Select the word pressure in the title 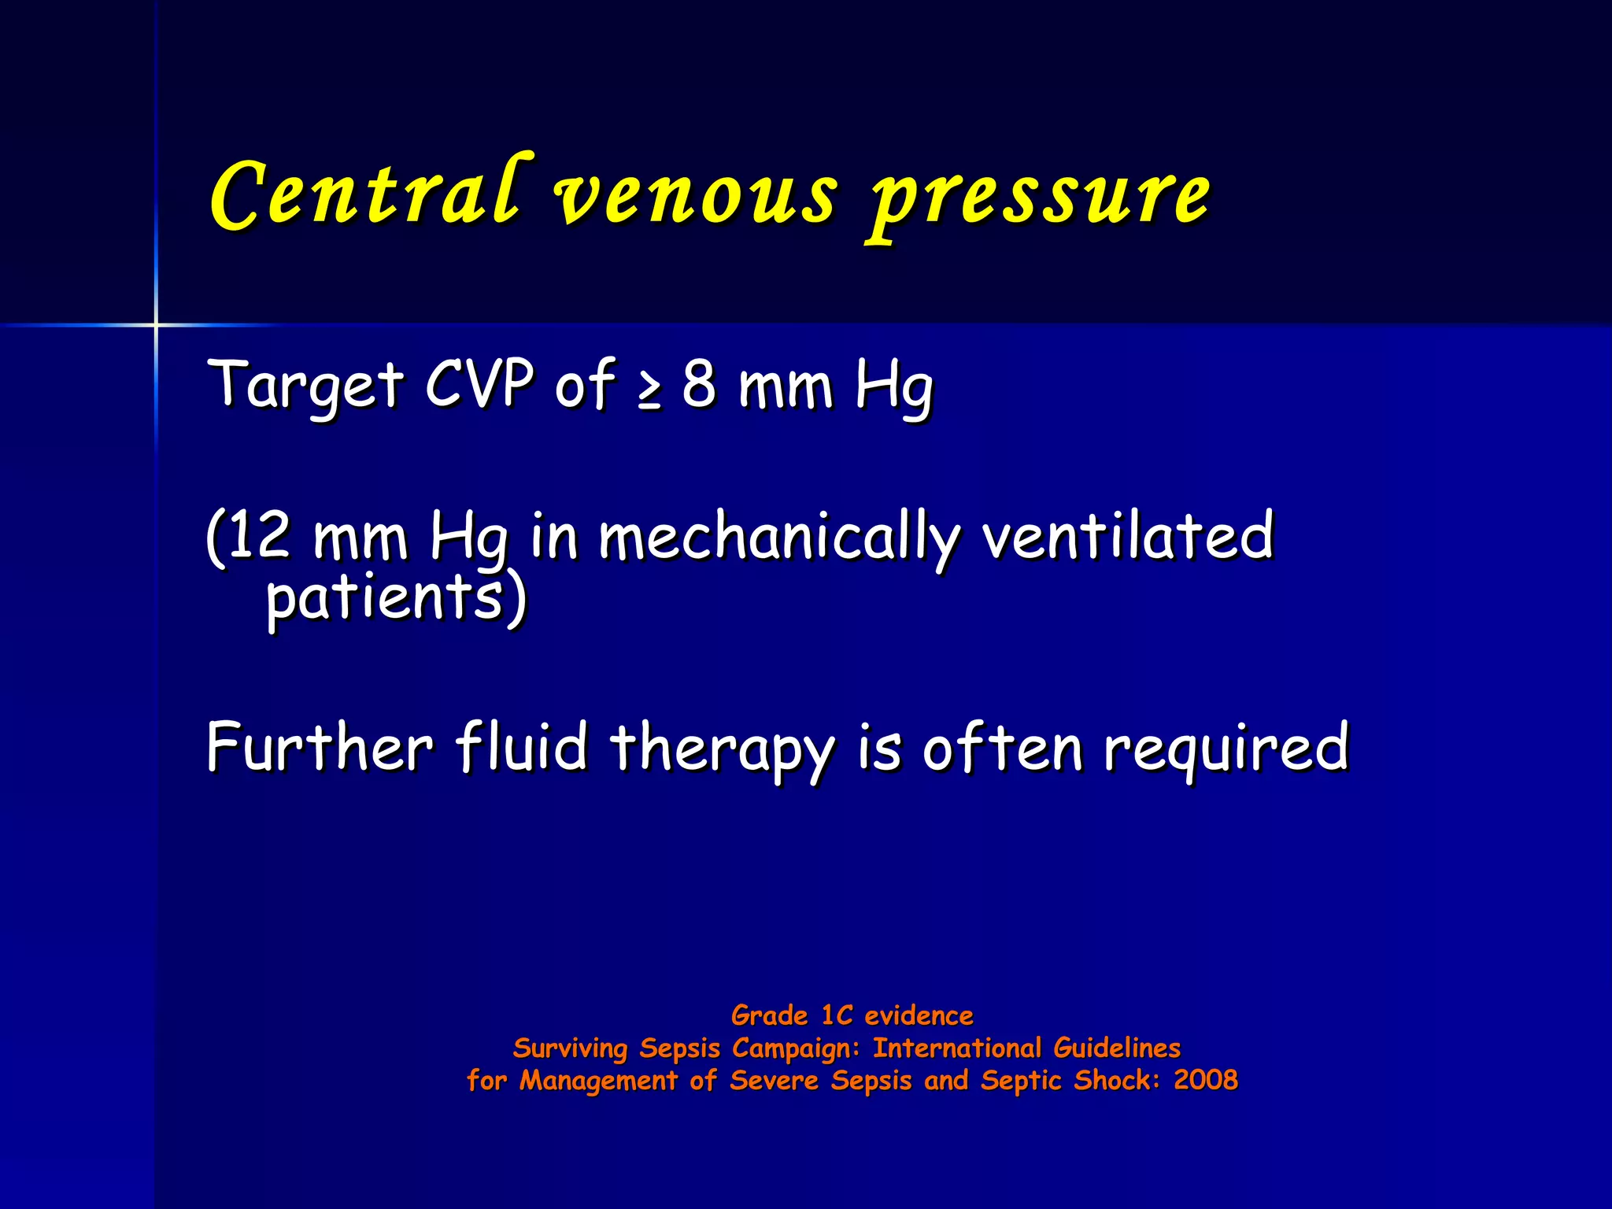click(x=1039, y=197)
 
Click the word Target click(x=305, y=385)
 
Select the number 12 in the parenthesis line click(x=258, y=534)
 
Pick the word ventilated click(x=1128, y=534)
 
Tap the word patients click(x=384, y=598)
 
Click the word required click(x=1226, y=748)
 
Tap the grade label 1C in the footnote click(x=837, y=1015)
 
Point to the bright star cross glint click(x=156, y=324)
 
